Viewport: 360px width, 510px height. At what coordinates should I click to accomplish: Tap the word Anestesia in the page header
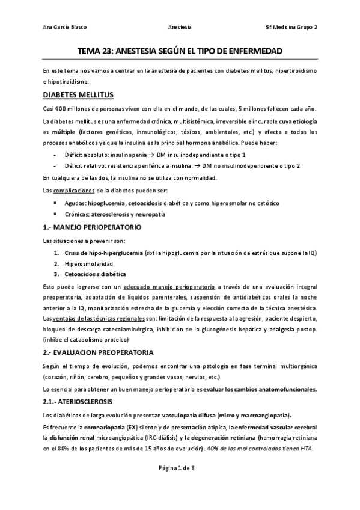[x=180, y=28]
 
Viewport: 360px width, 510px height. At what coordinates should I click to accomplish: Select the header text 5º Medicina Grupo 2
[x=291, y=28]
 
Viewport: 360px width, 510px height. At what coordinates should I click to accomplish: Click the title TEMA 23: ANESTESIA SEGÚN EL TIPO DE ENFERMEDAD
[x=180, y=52]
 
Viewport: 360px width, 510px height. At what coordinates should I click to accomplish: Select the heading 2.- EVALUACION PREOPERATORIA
[x=98, y=351]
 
